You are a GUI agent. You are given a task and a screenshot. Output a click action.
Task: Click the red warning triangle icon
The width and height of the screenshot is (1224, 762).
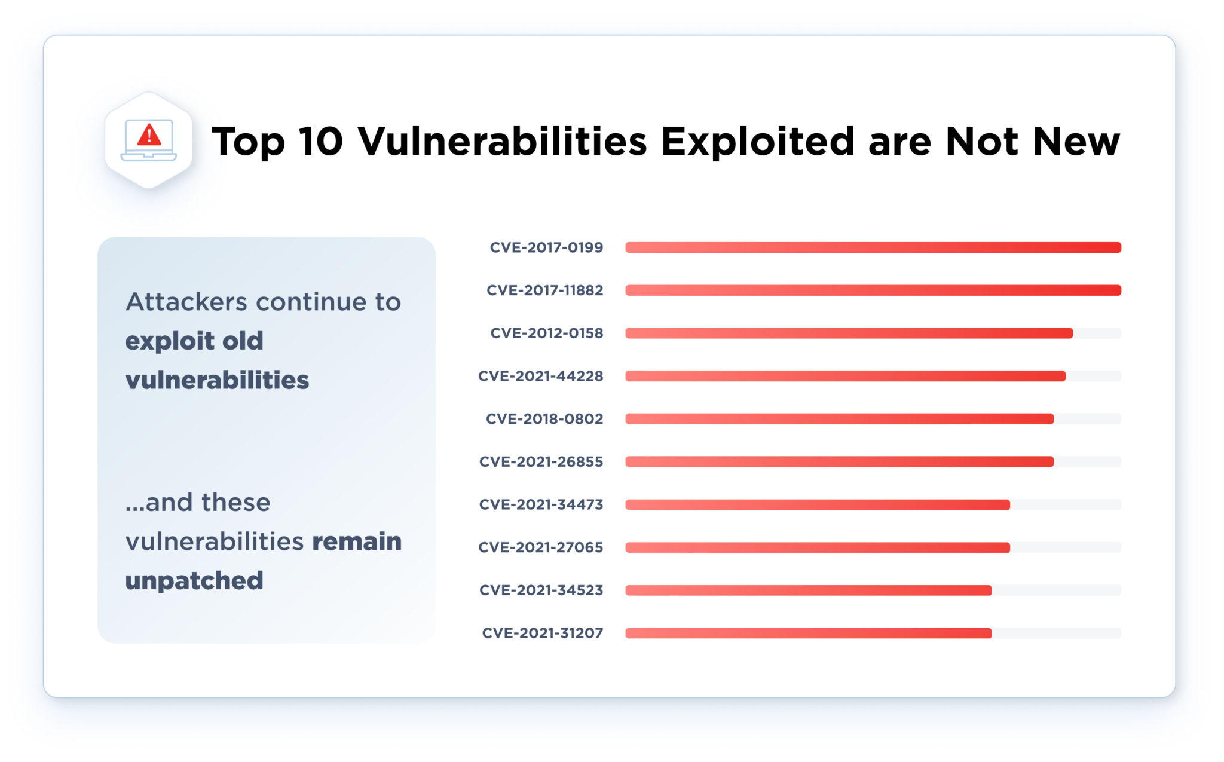(149, 135)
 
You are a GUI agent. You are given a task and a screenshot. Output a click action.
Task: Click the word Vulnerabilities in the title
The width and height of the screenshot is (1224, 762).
(502, 142)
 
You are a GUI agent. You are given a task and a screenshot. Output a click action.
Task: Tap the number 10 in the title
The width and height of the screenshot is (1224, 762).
(321, 142)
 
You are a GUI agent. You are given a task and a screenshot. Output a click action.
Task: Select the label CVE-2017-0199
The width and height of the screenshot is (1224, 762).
(546, 247)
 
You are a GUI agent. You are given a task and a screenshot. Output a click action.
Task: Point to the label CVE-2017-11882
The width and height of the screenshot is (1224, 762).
(544, 290)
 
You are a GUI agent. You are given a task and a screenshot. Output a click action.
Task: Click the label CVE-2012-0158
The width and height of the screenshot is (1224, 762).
(546, 333)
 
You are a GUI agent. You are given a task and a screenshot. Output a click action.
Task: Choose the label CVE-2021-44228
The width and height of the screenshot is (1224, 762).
(540, 376)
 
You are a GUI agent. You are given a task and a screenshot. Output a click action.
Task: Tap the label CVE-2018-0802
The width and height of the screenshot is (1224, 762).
(544, 419)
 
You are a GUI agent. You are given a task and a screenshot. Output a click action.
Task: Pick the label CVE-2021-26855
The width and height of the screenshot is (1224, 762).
(541, 462)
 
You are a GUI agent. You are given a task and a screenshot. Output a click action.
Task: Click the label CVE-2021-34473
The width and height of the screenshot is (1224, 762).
(541, 504)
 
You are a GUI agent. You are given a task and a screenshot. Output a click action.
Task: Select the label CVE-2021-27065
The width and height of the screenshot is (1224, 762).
(540, 547)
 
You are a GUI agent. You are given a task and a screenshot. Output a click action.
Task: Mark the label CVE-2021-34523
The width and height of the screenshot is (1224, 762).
(541, 590)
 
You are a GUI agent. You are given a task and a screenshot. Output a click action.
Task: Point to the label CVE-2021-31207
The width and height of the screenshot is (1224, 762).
(542, 633)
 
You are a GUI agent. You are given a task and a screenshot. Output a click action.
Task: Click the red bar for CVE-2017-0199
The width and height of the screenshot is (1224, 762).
(873, 247)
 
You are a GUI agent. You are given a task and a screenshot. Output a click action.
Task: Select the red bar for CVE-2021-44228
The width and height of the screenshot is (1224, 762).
(846, 376)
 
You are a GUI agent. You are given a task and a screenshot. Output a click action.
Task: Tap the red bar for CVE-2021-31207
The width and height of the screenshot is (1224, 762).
(809, 633)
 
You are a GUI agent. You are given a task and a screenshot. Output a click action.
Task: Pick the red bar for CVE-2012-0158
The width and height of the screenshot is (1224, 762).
(849, 333)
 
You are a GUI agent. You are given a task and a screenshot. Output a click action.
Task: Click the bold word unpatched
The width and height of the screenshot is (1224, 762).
(194, 581)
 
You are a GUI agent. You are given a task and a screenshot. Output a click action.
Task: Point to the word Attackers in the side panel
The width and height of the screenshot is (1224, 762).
(186, 302)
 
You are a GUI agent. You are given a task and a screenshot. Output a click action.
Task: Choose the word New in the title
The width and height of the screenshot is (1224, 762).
(1076, 142)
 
